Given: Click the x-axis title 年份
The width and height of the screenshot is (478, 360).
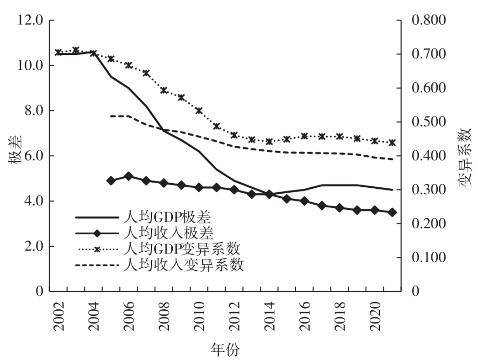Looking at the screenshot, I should (x=224, y=349).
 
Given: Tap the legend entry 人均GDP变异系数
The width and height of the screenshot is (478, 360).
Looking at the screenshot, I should (x=182, y=249).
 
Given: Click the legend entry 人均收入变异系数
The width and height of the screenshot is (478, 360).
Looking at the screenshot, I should (x=183, y=265).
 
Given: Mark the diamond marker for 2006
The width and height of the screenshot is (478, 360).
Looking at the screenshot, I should (x=129, y=176).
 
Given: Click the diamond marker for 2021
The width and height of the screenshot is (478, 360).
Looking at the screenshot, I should (x=392, y=212).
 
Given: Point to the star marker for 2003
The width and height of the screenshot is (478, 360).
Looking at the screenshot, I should (x=76, y=50).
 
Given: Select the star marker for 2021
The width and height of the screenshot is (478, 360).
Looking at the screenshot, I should (x=392, y=143).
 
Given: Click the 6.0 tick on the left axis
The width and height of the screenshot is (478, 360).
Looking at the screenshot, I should (x=32, y=156).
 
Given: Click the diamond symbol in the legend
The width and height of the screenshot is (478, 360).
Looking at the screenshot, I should (x=96, y=233).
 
